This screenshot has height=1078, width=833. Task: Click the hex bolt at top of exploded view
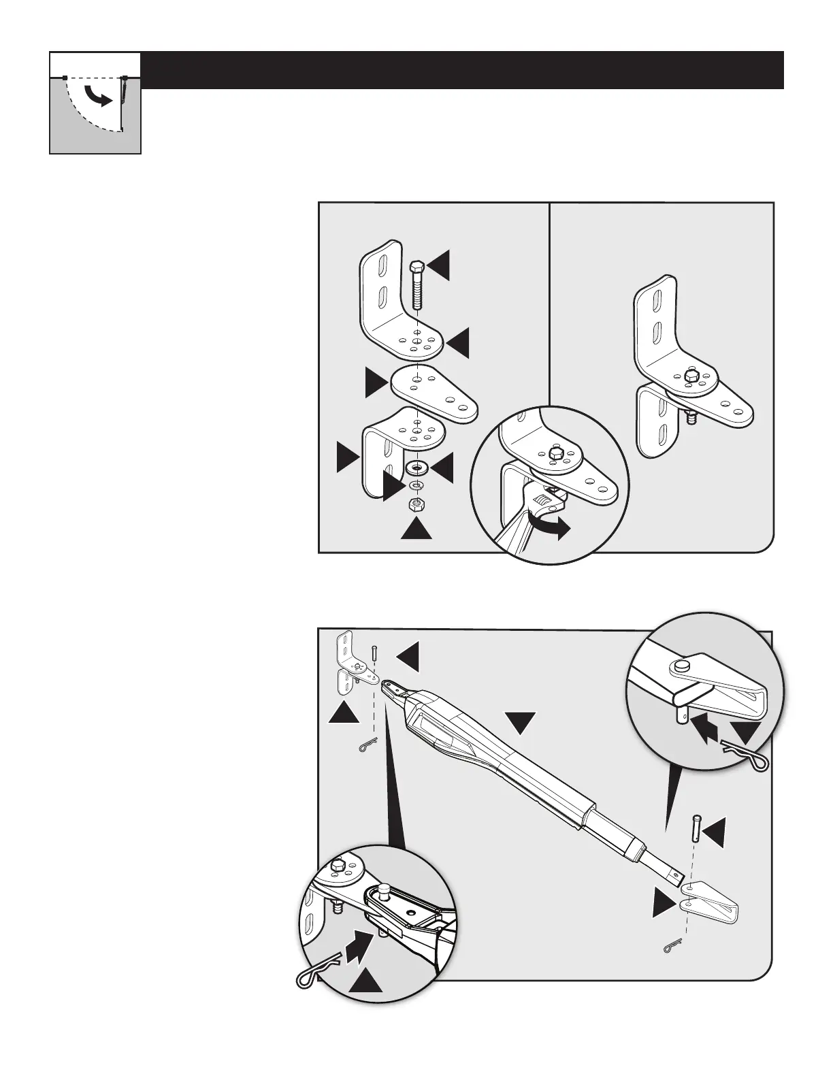click(417, 284)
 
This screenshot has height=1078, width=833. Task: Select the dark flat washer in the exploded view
click(416, 468)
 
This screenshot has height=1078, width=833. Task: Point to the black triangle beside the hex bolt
click(440, 265)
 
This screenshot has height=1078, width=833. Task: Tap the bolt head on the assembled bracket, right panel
click(690, 374)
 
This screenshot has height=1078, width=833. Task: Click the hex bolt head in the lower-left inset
click(338, 867)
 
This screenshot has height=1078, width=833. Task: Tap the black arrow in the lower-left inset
click(359, 945)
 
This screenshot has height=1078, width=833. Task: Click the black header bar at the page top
click(463, 69)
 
